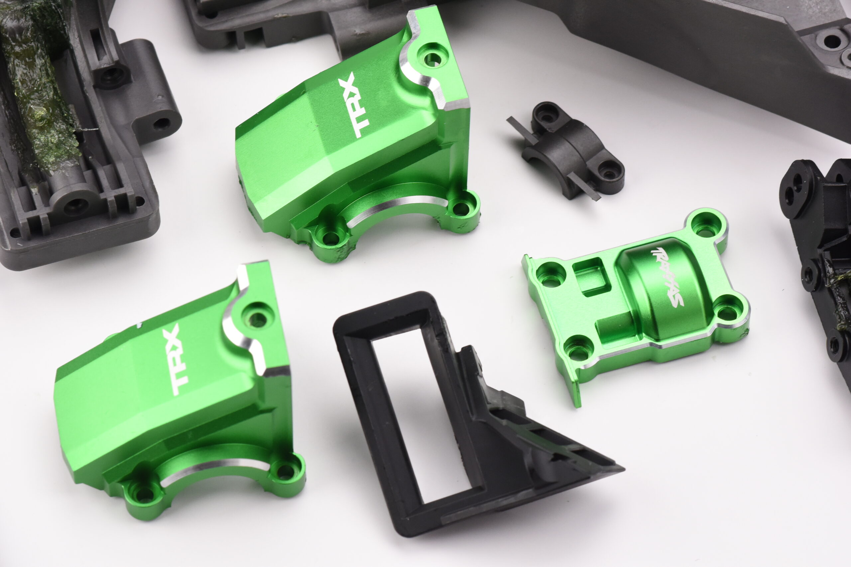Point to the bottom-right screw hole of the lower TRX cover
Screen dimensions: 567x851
point(285,472)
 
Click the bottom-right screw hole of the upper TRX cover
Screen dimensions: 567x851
point(461,209)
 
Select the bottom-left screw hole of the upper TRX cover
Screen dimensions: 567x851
point(330,237)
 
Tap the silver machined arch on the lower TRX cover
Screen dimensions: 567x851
point(213,470)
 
